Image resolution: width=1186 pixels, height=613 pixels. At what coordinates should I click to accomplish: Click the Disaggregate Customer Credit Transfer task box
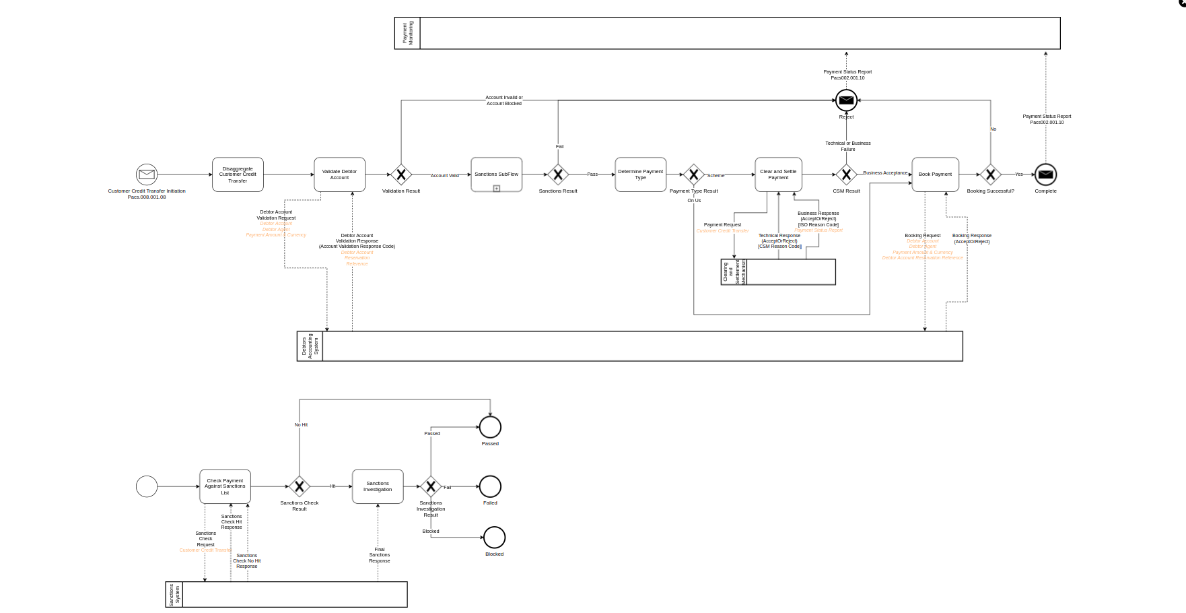click(238, 174)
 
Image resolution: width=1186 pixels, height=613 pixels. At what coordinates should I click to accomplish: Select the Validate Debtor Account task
click(339, 174)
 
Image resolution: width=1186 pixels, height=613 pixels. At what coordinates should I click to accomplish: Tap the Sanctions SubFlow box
click(496, 174)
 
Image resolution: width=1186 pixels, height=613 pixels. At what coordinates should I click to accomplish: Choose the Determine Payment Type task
click(640, 174)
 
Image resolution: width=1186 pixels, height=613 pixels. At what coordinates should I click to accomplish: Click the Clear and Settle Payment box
click(778, 174)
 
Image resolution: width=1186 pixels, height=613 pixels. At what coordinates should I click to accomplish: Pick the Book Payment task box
click(935, 174)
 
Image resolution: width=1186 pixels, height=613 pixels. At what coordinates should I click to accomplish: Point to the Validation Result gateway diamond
click(401, 174)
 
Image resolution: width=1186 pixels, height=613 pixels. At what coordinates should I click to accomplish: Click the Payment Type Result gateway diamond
click(693, 174)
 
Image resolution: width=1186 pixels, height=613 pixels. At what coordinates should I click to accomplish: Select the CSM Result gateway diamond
click(846, 174)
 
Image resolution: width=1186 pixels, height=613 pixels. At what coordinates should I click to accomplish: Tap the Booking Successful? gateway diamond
click(990, 174)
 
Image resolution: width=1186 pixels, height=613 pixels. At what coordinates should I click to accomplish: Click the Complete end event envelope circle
click(1045, 174)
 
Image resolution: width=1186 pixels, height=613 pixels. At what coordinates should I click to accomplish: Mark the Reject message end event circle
click(846, 100)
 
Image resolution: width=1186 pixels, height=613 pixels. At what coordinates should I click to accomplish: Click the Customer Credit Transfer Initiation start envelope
click(147, 174)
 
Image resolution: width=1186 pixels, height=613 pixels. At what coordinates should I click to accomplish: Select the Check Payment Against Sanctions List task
click(225, 486)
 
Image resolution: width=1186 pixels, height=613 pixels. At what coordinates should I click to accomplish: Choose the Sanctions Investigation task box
click(378, 486)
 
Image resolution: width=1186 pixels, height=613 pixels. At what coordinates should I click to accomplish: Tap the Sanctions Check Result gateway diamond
click(299, 486)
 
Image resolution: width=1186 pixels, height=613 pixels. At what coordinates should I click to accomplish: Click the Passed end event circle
click(490, 427)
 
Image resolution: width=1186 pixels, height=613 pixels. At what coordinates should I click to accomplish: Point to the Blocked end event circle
click(494, 538)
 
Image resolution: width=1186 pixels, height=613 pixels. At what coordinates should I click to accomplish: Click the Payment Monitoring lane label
click(408, 33)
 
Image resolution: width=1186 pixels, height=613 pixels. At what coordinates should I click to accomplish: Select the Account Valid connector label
click(445, 176)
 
